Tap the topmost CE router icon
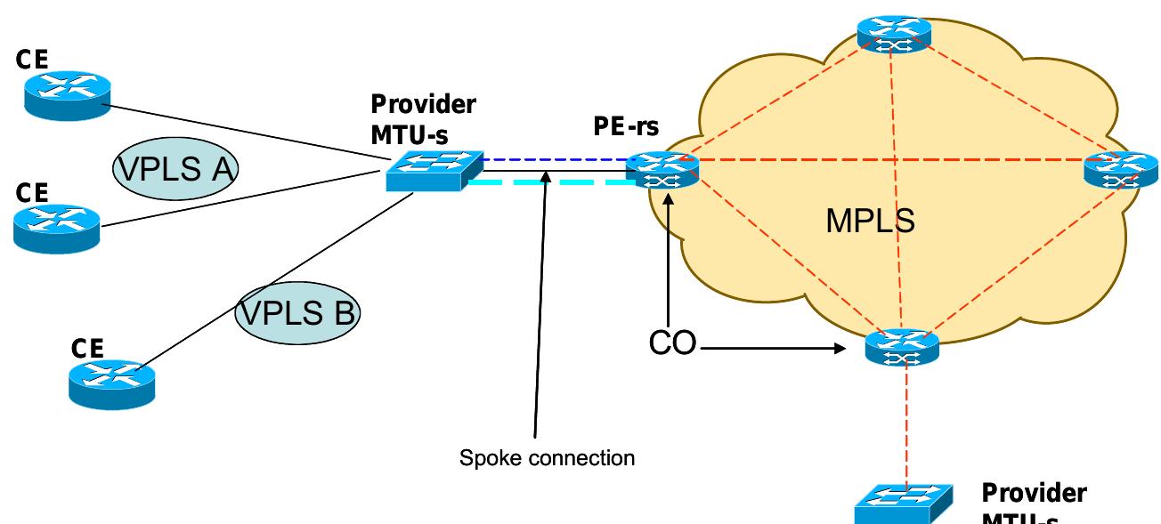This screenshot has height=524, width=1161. tap(68, 95)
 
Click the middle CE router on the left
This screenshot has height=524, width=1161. tap(57, 227)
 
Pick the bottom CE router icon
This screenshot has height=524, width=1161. tap(113, 384)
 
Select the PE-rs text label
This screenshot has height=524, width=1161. tap(626, 127)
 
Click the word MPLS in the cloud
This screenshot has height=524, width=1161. tap(870, 221)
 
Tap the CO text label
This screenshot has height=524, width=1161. tap(672, 344)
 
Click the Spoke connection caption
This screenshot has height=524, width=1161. tap(547, 458)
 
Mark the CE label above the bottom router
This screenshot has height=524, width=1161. tap(88, 348)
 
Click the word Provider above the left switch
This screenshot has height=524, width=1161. tap(423, 104)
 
